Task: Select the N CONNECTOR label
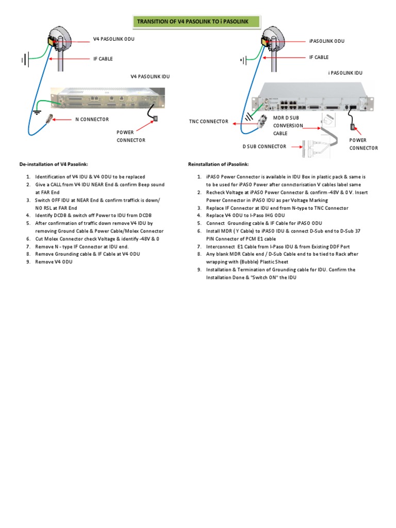tap(92, 119)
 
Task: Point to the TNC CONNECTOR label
tap(208, 122)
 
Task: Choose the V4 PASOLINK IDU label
tap(150, 76)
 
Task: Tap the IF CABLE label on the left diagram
tap(103, 59)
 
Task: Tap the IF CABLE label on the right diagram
tap(319, 57)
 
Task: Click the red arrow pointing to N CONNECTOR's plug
tap(62, 119)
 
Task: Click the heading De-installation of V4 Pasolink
tap(54, 164)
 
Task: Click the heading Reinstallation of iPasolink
tap(219, 164)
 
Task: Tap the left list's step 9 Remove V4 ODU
tap(54, 262)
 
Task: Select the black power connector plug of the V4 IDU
tap(156, 119)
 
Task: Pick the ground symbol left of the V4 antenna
tap(24, 61)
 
